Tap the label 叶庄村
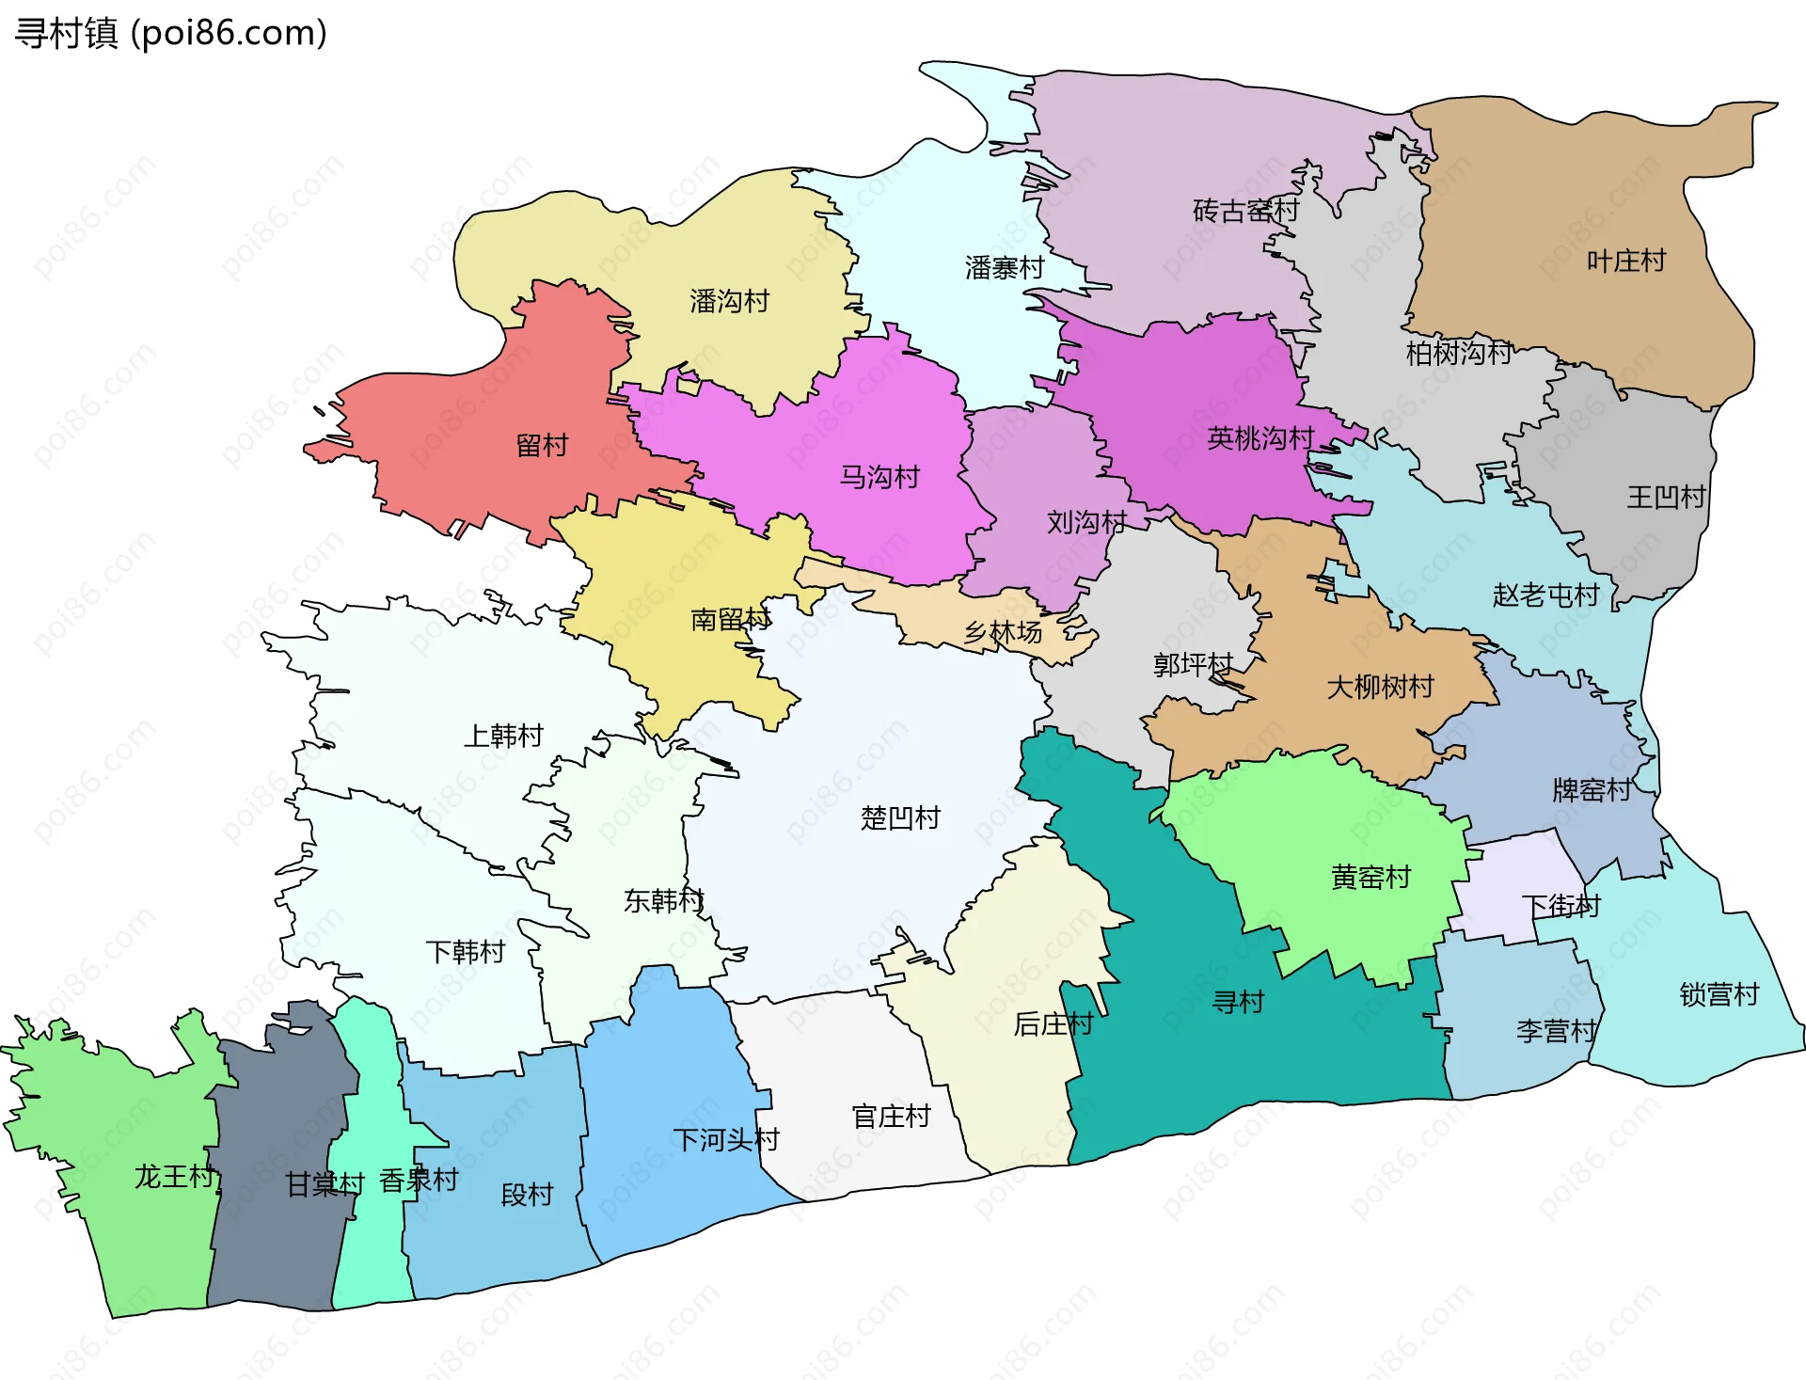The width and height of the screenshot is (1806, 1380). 1625,261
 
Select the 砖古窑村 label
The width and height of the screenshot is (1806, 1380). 1244,211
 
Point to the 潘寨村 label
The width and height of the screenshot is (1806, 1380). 1004,268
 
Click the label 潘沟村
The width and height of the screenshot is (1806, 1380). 729,301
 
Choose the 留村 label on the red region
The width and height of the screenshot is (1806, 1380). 542,445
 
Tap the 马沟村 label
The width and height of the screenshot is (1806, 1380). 879,477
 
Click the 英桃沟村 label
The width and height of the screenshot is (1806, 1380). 1259,437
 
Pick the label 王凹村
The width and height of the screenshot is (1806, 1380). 1666,497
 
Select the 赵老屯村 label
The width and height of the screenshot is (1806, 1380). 1545,595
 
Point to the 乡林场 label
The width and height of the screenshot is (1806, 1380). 1003,632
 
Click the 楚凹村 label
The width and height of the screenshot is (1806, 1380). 900,817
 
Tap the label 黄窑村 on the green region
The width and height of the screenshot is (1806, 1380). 1370,877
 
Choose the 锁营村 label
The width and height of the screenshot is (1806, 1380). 1719,994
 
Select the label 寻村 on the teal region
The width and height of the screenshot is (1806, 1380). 1238,1002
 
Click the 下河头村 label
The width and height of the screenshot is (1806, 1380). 726,1139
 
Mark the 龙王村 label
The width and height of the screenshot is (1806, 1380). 174,1176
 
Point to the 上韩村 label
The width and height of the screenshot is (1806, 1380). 503,735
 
